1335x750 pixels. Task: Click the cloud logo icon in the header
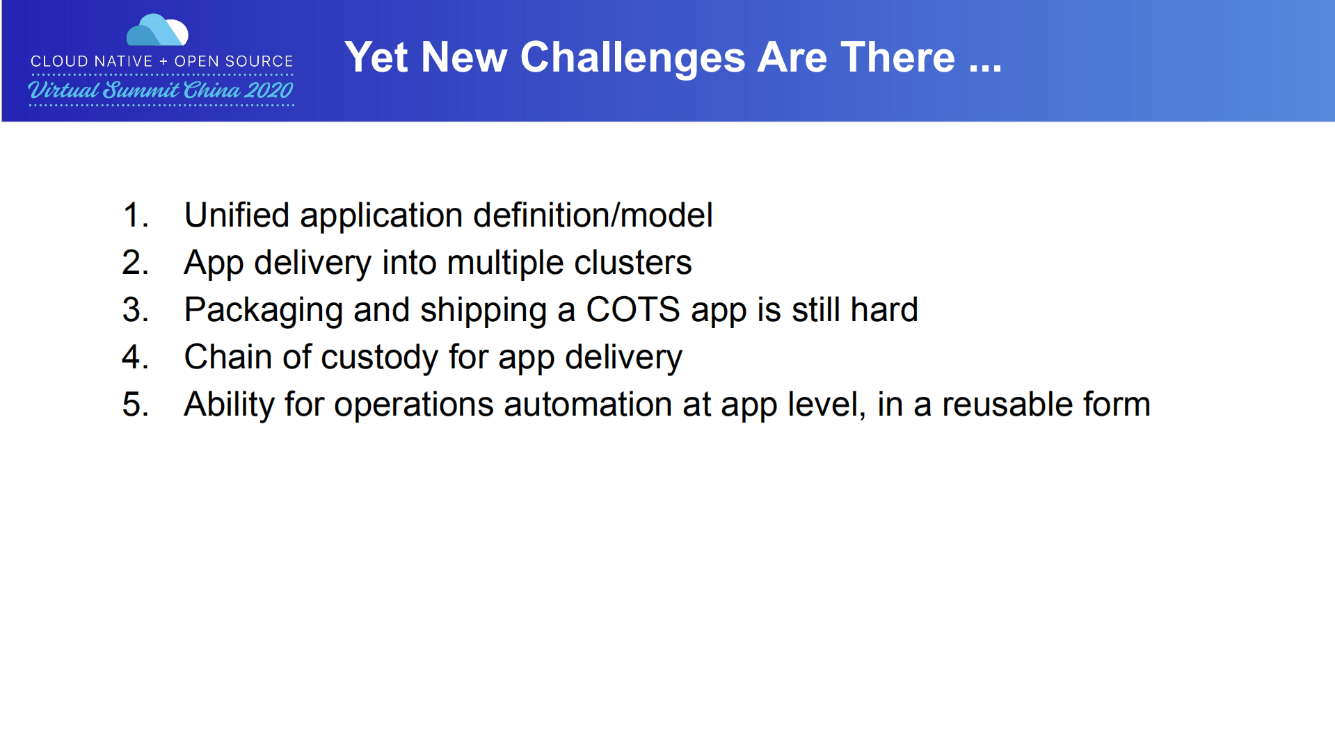pos(157,31)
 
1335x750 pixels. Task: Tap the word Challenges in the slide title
pos(632,57)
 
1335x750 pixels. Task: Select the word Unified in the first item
pos(237,215)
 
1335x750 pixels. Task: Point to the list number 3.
pos(135,310)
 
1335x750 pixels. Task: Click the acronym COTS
pos(632,309)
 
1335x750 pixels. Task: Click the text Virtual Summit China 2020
pos(161,90)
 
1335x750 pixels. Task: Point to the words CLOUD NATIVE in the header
pos(91,61)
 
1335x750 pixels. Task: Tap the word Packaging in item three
pos(263,310)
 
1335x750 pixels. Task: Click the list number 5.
pos(135,405)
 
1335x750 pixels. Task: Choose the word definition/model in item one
pos(593,215)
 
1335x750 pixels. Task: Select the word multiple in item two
pos(504,263)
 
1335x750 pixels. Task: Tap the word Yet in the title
pos(376,57)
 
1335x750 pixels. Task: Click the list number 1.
pos(135,215)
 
